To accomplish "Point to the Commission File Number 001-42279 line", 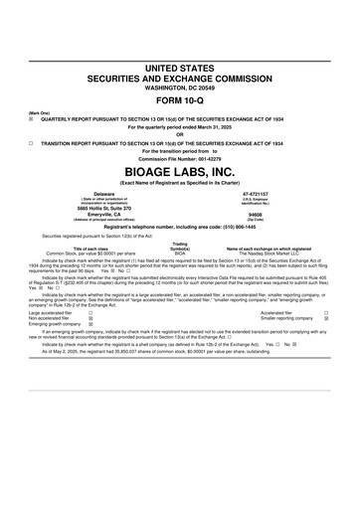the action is (180, 159).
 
